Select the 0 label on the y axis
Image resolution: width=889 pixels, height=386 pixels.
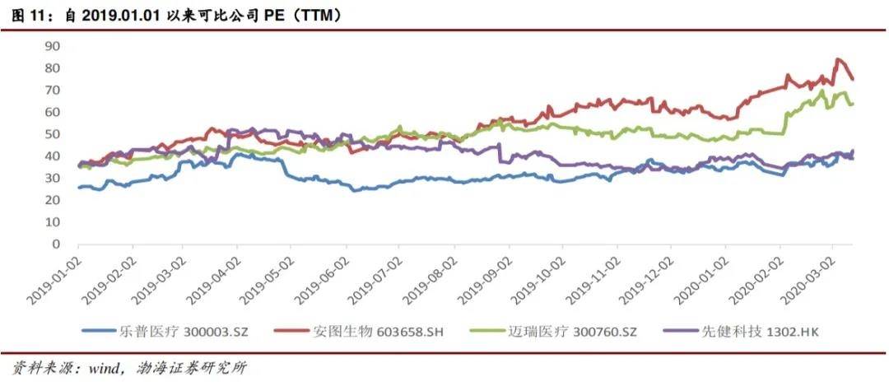click(56, 244)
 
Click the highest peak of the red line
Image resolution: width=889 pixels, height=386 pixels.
click(837, 59)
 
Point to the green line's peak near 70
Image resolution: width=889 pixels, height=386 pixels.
click(823, 91)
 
